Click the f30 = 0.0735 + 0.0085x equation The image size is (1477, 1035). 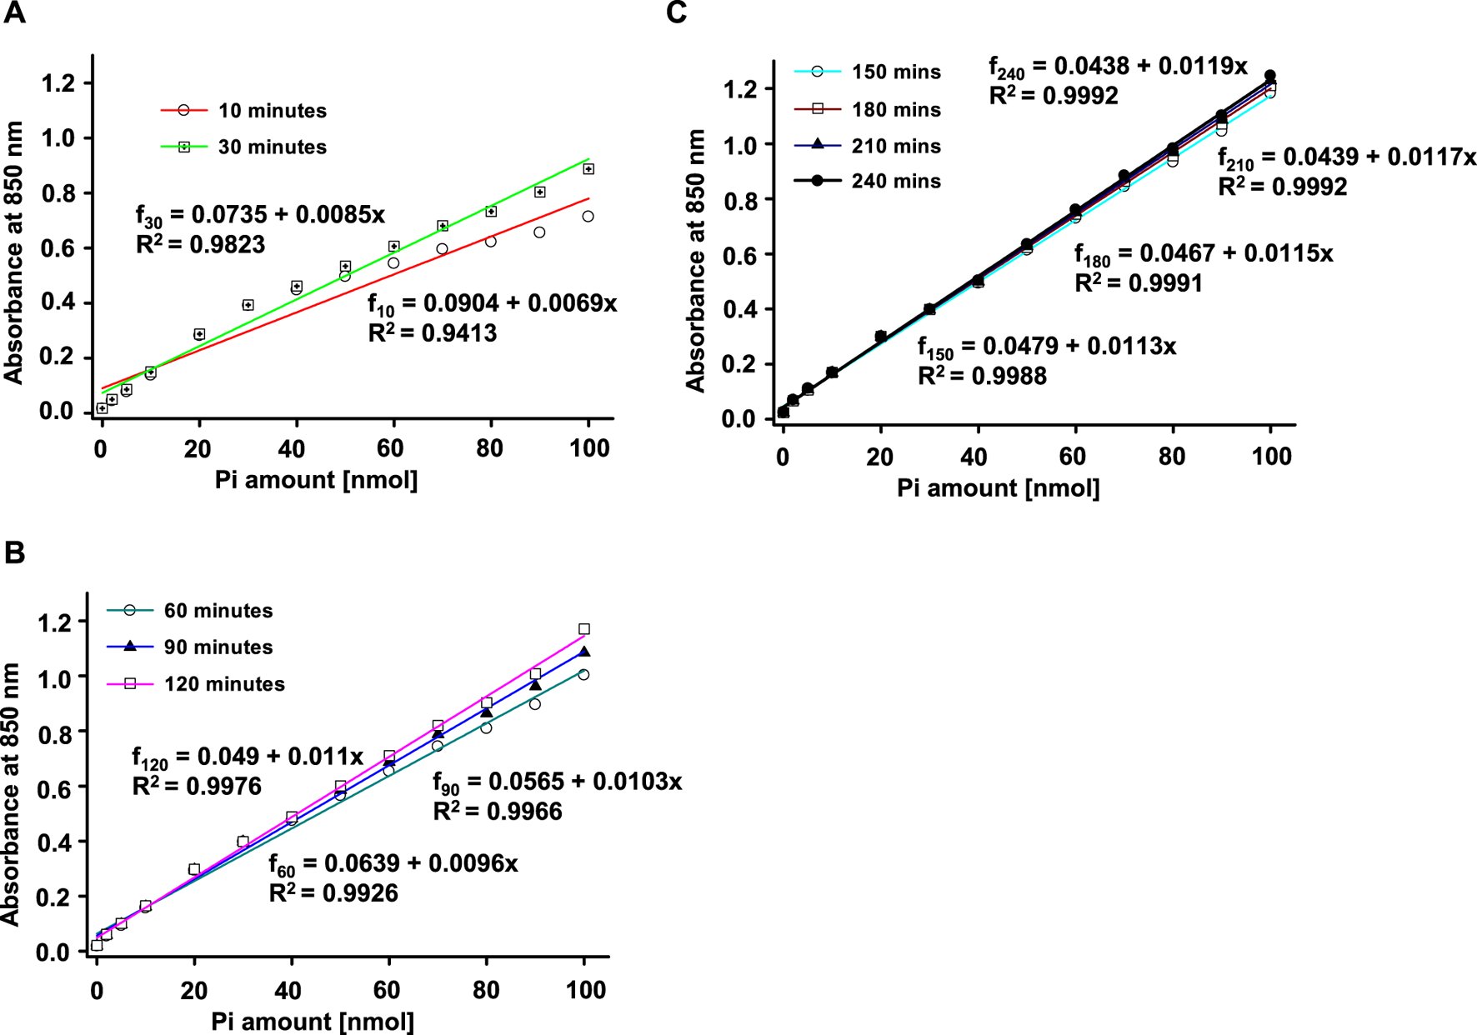260,215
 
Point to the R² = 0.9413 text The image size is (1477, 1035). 432,333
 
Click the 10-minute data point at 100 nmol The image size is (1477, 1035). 588,217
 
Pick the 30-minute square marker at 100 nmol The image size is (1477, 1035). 588,169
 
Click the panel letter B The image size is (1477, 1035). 14,552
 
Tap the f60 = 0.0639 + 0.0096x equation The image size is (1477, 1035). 393,864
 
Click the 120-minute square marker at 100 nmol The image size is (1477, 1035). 584,629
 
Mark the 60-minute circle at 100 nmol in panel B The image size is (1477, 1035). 583,675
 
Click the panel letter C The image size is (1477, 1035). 676,13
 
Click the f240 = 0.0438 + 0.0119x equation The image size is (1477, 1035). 1118,67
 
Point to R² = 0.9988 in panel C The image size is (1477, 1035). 982,377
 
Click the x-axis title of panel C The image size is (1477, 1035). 998,488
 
